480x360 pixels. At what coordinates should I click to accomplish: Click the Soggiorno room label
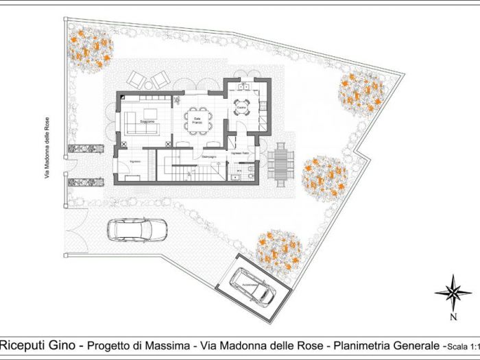pos(147,121)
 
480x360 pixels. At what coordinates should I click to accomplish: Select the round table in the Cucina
pos(241,109)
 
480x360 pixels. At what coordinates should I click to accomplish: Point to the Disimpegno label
pos(209,157)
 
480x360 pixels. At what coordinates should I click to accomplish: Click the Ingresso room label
pos(134,160)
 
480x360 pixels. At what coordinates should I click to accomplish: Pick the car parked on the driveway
pos(137,230)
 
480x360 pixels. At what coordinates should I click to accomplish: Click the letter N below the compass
pos(453,317)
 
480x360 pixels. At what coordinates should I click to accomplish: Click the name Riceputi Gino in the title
pos(36,344)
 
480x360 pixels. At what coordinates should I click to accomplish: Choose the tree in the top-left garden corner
pos(90,48)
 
